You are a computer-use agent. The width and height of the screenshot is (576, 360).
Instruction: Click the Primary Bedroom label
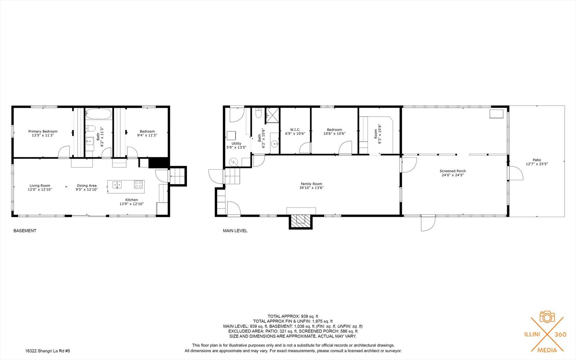[x=43, y=131]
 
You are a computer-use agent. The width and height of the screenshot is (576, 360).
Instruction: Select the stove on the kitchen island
[x=139, y=184]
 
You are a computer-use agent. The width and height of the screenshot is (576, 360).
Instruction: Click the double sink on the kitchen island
[x=117, y=185]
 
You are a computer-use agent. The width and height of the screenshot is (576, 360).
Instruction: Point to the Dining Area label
[x=87, y=186]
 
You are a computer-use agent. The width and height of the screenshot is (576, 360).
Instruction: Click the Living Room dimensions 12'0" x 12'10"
[x=40, y=190]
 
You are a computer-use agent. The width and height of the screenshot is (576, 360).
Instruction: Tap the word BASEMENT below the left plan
[x=25, y=231]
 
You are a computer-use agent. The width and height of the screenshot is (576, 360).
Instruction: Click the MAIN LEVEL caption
[x=235, y=231]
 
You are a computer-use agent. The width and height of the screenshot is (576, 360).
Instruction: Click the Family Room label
[x=311, y=184]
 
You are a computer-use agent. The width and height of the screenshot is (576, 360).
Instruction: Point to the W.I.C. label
[x=295, y=130]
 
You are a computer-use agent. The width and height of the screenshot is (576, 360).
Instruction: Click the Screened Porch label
[x=452, y=171]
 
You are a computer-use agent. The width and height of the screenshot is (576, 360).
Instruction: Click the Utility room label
[x=236, y=144]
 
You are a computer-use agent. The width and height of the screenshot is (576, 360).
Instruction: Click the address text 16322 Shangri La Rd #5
[x=48, y=351]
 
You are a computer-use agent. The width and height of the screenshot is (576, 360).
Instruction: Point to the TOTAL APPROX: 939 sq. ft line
[x=293, y=316]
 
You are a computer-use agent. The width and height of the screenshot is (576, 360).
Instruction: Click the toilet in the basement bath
[x=91, y=129]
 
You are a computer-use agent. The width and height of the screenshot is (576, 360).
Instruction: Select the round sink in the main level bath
[x=275, y=144]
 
